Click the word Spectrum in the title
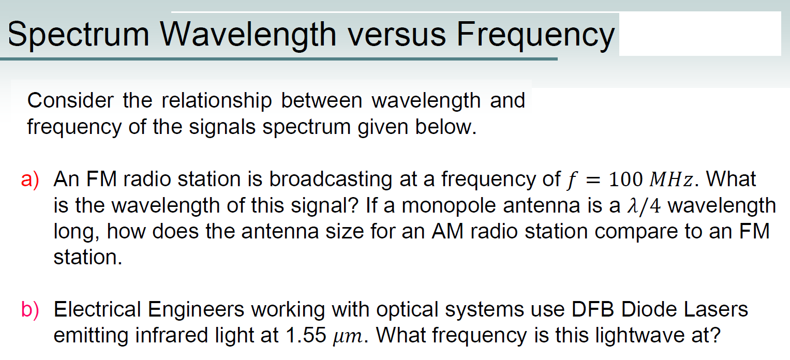click(x=78, y=35)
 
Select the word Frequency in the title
click(x=535, y=35)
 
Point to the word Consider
click(x=71, y=100)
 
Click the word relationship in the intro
click(x=217, y=100)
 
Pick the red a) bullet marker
click(x=31, y=179)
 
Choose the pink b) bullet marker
click(x=31, y=309)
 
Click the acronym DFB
click(x=593, y=309)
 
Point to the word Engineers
click(x=196, y=309)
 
